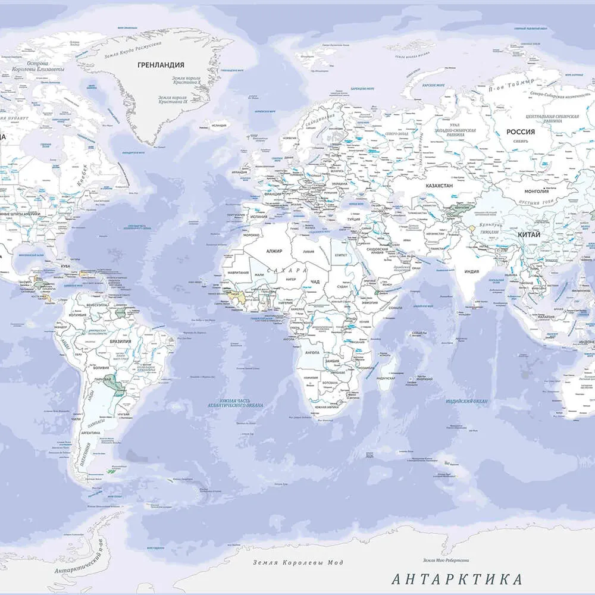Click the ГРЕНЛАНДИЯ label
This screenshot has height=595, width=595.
click(x=161, y=65)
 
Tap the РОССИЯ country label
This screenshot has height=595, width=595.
click(x=520, y=132)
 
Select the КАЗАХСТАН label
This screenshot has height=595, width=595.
click(x=439, y=186)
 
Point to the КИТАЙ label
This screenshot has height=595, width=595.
click(x=529, y=235)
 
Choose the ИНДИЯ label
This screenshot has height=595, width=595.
click(x=471, y=272)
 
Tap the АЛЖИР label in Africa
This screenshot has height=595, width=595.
click(x=274, y=252)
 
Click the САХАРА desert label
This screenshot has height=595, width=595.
click(x=290, y=270)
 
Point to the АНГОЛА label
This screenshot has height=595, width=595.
click(x=312, y=353)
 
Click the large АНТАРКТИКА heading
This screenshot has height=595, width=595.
click(x=457, y=579)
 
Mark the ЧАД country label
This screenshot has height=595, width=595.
click(x=315, y=281)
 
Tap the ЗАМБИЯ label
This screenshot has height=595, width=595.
click(x=332, y=361)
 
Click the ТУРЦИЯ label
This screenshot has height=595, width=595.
click(x=353, y=219)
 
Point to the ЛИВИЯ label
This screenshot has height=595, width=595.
click(x=309, y=252)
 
